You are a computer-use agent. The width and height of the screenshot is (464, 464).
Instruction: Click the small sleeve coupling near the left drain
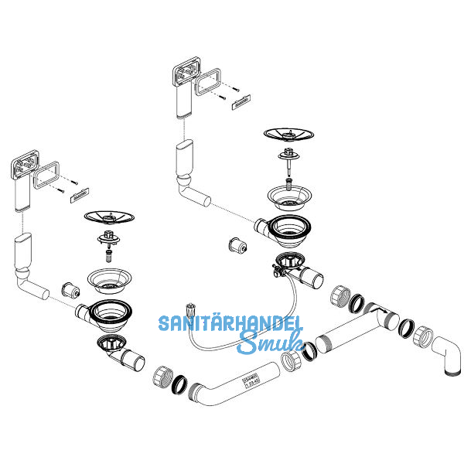pyautogui.click(x=74, y=291)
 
